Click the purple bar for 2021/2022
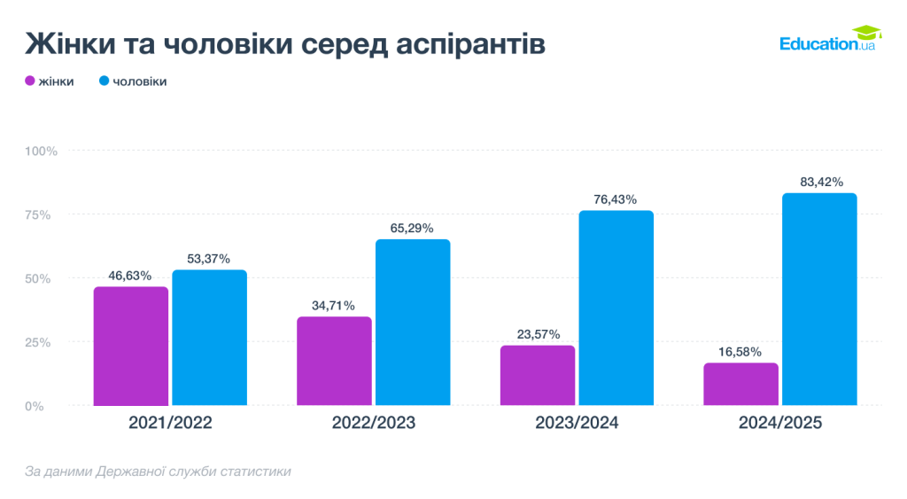point(131,346)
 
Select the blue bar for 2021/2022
point(209,338)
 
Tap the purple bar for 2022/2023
point(334,361)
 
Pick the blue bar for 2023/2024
point(616,308)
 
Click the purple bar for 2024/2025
point(741,384)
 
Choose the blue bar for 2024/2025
point(819,299)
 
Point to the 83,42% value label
point(819,183)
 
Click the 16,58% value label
point(741,352)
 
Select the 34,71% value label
point(334,306)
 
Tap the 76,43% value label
point(616,199)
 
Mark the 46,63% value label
point(131,276)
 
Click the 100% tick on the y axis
point(41,151)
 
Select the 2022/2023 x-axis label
point(373,424)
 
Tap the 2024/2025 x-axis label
point(780,424)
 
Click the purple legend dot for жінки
point(29,82)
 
